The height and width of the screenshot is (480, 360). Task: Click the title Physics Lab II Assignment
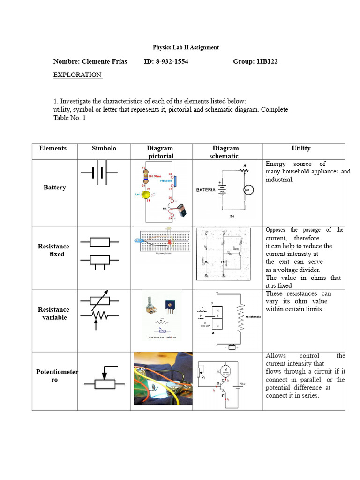(x=186, y=47)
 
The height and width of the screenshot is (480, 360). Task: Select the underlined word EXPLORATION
(x=77, y=75)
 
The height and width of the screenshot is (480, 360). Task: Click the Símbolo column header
(x=104, y=148)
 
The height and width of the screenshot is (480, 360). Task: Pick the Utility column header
(x=300, y=148)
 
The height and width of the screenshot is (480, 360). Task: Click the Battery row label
(x=54, y=187)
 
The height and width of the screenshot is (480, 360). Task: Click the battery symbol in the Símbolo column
(x=99, y=174)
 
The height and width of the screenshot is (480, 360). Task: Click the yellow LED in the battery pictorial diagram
(x=146, y=195)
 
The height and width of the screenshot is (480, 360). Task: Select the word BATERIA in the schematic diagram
(x=206, y=190)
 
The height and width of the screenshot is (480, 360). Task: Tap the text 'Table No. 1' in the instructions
(x=70, y=118)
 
